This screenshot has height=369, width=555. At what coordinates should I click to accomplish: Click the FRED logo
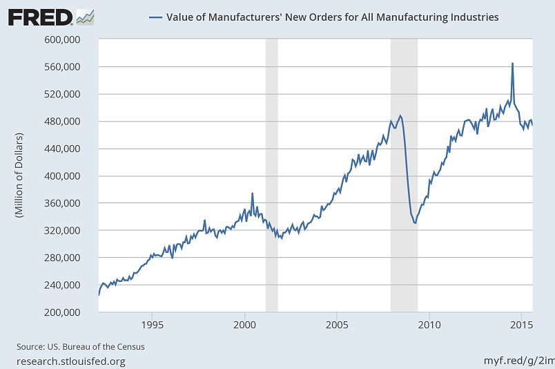(x=50, y=17)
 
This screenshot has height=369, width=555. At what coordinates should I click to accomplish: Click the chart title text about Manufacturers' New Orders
(x=333, y=16)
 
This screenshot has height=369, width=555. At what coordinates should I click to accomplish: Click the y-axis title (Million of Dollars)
(x=19, y=176)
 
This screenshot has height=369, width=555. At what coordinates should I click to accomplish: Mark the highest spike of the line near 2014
(x=512, y=64)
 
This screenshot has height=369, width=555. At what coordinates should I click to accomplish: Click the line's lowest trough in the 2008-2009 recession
(x=415, y=223)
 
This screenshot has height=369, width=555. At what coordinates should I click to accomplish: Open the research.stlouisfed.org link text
(x=71, y=361)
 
